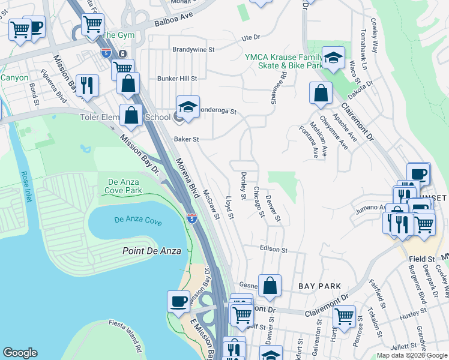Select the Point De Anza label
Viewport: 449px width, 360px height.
[x=151, y=251]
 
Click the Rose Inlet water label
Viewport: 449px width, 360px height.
[x=25, y=187]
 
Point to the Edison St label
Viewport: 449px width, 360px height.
[x=274, y=248]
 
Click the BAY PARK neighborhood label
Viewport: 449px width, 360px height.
[x=320, y=287]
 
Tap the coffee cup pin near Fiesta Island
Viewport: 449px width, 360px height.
[x=178, y=301]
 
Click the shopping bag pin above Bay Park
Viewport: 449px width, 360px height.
[x=270, y=286]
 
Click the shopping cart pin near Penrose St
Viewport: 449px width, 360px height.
[x=344, y=315]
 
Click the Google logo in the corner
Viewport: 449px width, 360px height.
[x=20, y=353]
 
